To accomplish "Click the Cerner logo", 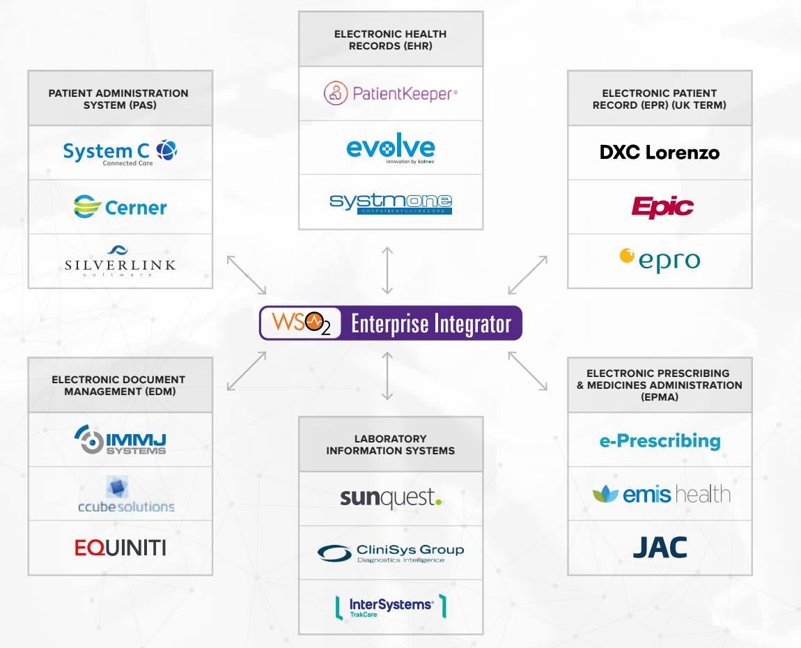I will pyautogui.click(x=120, y=207).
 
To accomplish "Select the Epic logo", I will pyautogui.click(x=662, y=207).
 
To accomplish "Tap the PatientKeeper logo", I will pyautogui.click(x=391, y=93).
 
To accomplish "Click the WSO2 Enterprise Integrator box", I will pyautogui.click(x=391, y=323).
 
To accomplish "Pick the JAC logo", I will pyautogui.click(x=660, y=548).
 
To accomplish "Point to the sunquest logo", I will pyautogui.click(x=391, y=498).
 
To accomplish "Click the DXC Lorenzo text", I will pyautogui.click(x=660, y=153).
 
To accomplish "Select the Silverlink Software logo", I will pyautogui.click(x=120, y=261).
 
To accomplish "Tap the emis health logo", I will pyautogui.click(x=661, y=495).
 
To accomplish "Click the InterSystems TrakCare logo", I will pyautogui.click(x=391, y=607).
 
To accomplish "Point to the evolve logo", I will pyautogui.click(x=391, y=148).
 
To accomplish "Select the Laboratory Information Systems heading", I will pyautogui.click(x=391, y=445).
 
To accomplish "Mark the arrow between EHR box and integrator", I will pyautogui.click(x=388, y=270).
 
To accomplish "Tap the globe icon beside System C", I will pyautogui.click(x=166, y=150).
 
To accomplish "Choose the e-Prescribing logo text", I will pyautogui.click(x=660, y=441).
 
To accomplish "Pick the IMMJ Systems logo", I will pyautogui.click(x=120, y=440).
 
